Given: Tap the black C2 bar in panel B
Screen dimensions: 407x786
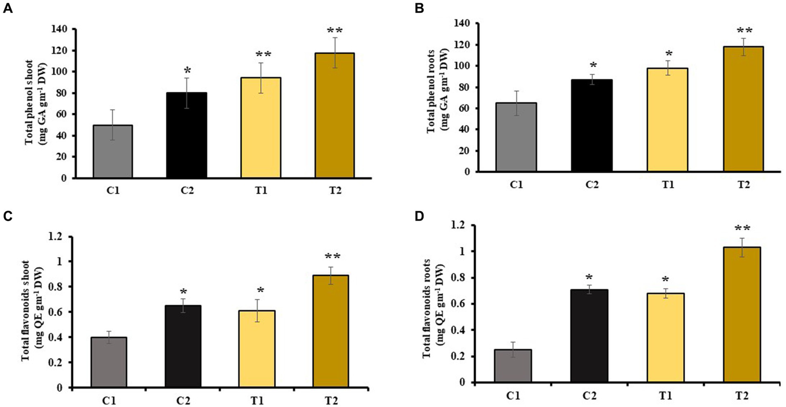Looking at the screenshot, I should click(x=592, y=126).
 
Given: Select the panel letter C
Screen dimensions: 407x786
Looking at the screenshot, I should click(x=8, y=216).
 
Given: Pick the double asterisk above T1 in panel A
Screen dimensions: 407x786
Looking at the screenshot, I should click(x=261, y=54).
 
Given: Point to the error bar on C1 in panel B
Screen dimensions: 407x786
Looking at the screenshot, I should click(x=516, y=103).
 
